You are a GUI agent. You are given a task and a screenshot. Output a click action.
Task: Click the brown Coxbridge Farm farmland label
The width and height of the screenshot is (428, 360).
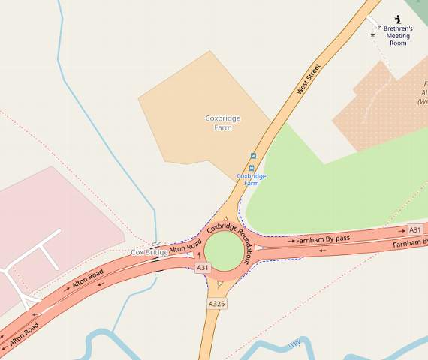pos(219,123)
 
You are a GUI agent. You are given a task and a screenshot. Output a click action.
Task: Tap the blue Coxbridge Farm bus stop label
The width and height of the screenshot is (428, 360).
pos(252,179)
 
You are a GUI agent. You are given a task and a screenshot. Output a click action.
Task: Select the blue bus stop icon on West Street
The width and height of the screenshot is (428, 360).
pos(252,156)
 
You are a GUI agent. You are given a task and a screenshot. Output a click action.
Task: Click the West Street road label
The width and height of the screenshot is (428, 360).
pos(308,79)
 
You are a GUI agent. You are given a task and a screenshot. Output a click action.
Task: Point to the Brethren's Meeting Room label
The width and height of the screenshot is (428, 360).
pos(398,36)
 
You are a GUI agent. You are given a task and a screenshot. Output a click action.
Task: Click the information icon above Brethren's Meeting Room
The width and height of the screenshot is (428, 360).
pos(398,18)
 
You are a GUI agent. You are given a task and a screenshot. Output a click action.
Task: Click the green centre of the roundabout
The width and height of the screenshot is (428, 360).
pos(225,250)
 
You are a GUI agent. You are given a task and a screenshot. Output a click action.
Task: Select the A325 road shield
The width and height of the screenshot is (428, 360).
pos(216,304)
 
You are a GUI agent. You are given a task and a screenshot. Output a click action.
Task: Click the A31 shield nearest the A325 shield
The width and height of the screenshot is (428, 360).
pos(202,268)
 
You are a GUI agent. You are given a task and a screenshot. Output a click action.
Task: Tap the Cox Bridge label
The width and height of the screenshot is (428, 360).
pos(149,252)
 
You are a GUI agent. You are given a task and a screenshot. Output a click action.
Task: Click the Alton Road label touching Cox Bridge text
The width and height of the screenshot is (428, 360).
pos(185,247)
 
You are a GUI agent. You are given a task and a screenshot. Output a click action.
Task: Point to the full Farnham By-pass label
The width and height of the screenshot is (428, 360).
pos(324,238)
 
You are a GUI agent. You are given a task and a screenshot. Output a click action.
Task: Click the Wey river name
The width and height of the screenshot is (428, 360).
pos(295,345)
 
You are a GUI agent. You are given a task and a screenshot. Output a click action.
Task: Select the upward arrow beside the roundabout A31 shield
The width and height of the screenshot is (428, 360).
pos(200,256)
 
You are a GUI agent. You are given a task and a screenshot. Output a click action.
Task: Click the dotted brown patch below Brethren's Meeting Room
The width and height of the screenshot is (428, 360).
pos(375,112)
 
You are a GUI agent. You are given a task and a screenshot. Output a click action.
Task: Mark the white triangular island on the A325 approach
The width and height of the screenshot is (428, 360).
pos(219,284)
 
